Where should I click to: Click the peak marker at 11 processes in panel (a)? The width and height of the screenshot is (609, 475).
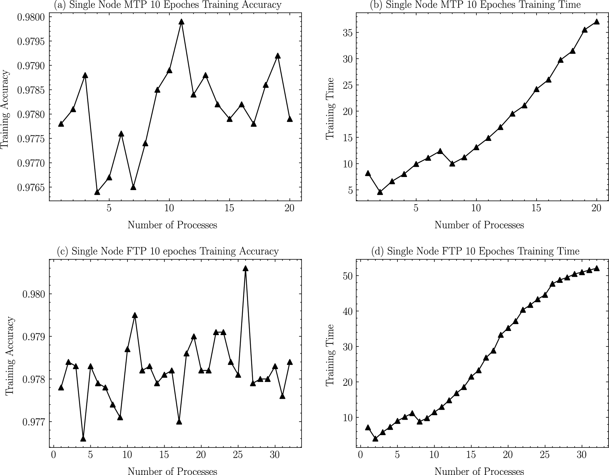[181, 22]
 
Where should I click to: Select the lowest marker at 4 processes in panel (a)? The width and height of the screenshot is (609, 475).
[97, 192]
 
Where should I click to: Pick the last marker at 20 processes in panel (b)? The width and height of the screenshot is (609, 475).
[597, 22]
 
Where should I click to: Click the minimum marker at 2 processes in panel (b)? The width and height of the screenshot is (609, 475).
[380, 192]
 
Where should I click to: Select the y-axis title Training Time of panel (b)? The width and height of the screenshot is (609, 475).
[330, 108]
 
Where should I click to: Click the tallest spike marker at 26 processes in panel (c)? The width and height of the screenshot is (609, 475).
[245, 269]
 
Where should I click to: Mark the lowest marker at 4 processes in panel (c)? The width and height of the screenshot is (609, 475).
[83, 439]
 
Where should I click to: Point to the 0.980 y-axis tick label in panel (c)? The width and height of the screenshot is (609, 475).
[33, 294]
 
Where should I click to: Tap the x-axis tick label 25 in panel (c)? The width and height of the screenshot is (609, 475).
[238, 455]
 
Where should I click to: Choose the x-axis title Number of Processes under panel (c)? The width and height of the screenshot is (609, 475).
[172, 471]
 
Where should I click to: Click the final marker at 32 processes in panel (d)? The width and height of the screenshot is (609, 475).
[597, 268]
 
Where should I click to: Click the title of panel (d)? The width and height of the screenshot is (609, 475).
[475, 251]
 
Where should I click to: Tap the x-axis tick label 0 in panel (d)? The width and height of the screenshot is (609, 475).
[360, 455]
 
